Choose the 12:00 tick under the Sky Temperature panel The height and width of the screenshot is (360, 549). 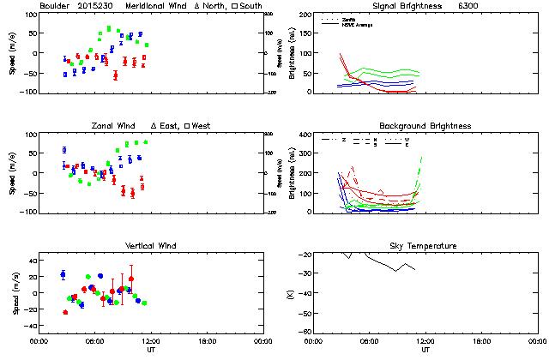click(424, 340)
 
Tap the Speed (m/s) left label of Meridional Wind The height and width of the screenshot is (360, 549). click(13, 53)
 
